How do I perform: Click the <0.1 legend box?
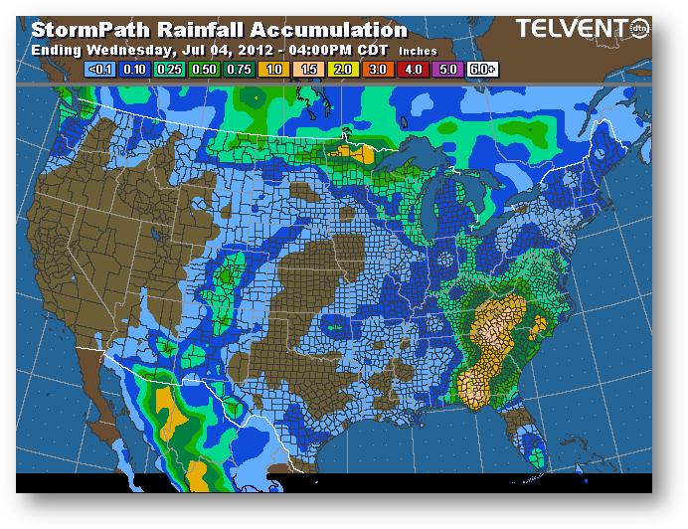click(101, 68)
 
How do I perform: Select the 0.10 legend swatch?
click(134, 68)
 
